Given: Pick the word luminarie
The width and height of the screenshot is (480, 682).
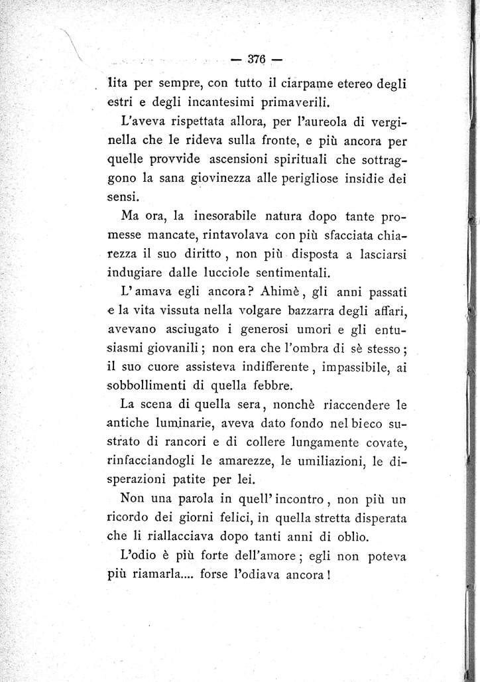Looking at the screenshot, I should tap(190, 422).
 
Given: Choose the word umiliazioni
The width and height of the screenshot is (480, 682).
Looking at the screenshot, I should tap(317, 459).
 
